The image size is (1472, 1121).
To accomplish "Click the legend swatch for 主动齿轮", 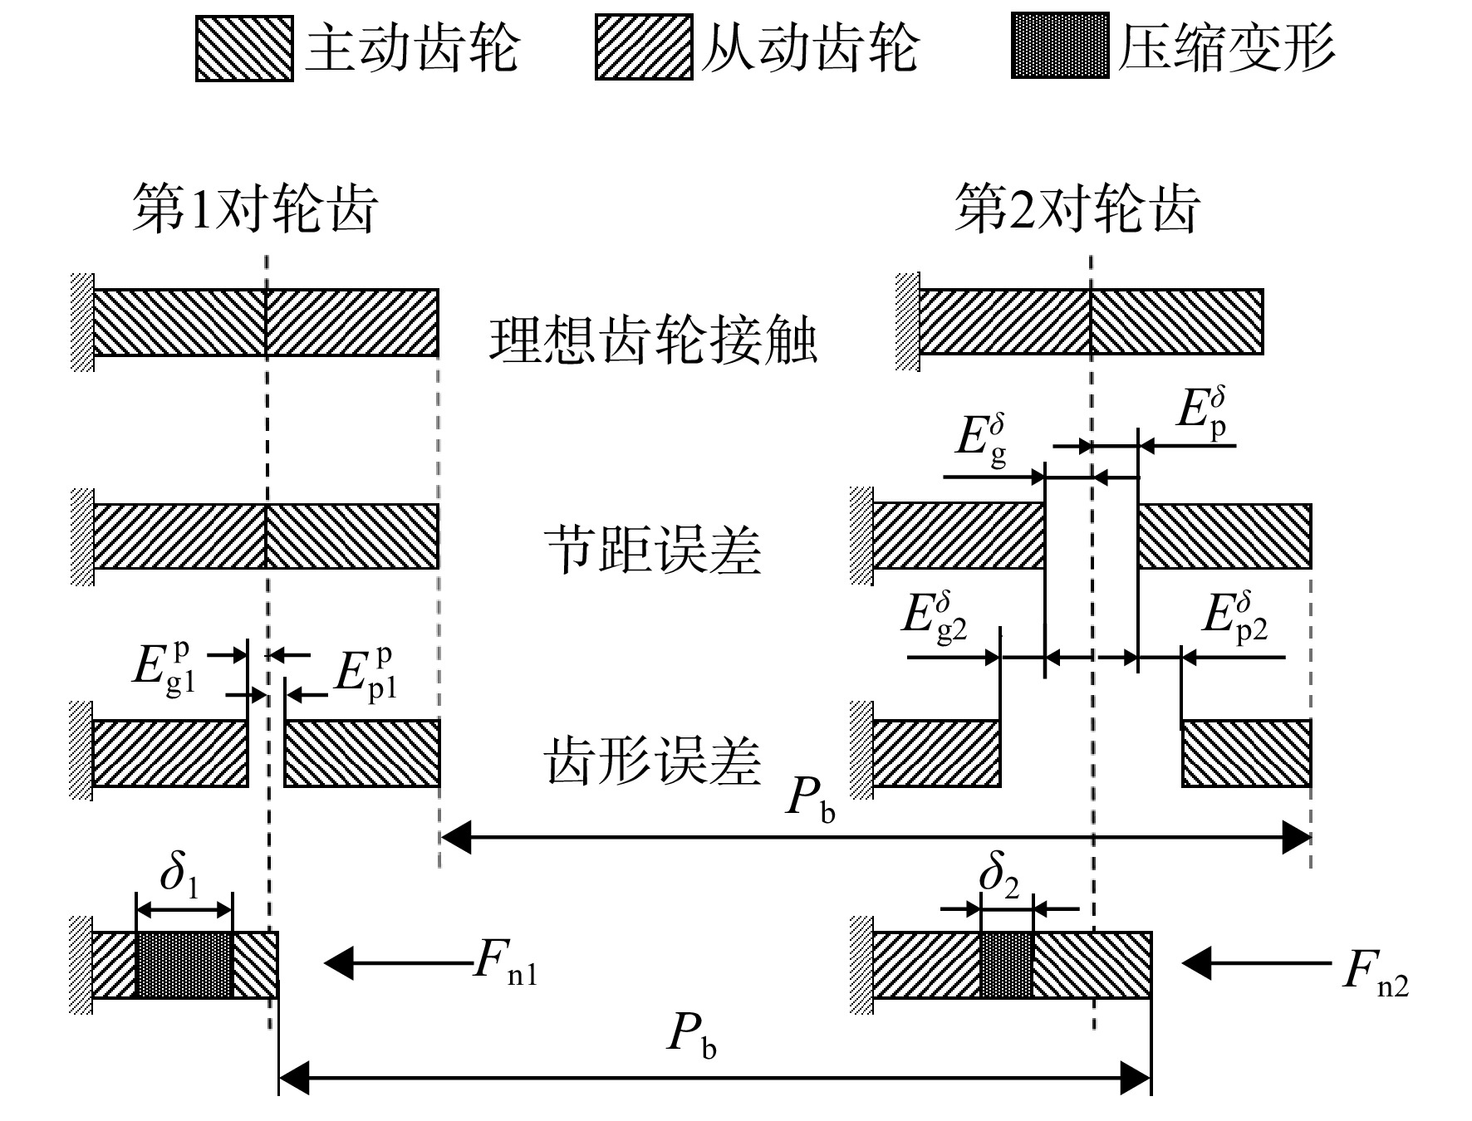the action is click(244, 47).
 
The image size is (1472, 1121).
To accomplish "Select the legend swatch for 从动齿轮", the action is click(644, 47).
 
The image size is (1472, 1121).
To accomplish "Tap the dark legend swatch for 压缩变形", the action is click(1060, 46).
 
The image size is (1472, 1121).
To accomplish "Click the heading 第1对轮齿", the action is click(256, 208).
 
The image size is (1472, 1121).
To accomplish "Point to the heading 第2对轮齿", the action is click(1077, 208).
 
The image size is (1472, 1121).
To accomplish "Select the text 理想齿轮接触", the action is click(654, 340).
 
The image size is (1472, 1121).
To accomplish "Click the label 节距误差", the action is click(653, 550).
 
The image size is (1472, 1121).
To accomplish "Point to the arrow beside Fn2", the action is click(1256, 963).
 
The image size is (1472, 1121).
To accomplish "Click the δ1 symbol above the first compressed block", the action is click(179, 874).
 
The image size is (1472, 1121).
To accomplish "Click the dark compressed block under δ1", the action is click(184, 965).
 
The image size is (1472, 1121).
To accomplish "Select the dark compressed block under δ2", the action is click(1007, 965).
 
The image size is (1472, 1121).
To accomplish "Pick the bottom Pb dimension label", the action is click(691, 1038).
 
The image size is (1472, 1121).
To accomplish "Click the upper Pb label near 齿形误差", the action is click(811, 800).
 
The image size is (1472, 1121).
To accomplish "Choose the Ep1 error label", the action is click(366, 673).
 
